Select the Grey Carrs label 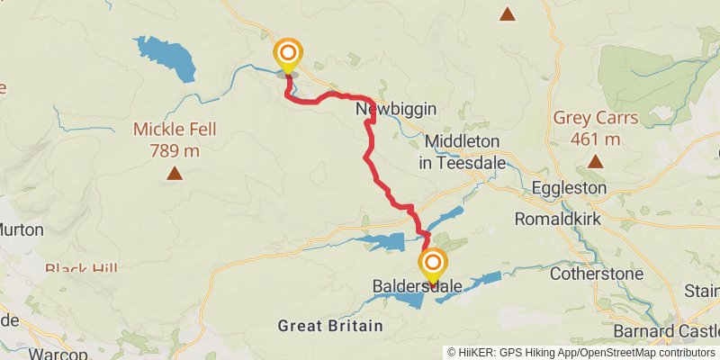(x=595, y=128)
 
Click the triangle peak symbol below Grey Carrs (x=595, y=161)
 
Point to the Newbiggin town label (x=396, y=109)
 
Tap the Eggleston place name (x=569, y=188)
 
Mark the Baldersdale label (x=417, y=287)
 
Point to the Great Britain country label (x=330, y=325)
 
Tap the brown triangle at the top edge (x=508, y=13)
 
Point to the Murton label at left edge (x=20, y=229)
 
